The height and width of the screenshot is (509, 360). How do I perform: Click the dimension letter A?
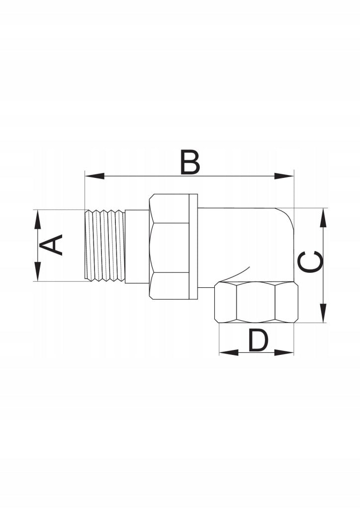click(51, 245)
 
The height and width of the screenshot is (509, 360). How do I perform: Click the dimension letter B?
click(190, 162)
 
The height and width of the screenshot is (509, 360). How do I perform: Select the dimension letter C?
click(311, 261)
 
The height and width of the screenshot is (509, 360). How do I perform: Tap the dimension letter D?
click(259, 340)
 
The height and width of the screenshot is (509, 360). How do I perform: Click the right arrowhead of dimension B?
click(284, 176)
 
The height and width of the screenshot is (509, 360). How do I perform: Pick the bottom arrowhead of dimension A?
click(38, 271)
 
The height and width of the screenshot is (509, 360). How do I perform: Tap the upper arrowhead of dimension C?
click(323, 218)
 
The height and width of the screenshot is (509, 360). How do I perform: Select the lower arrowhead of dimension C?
click(323, 313)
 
